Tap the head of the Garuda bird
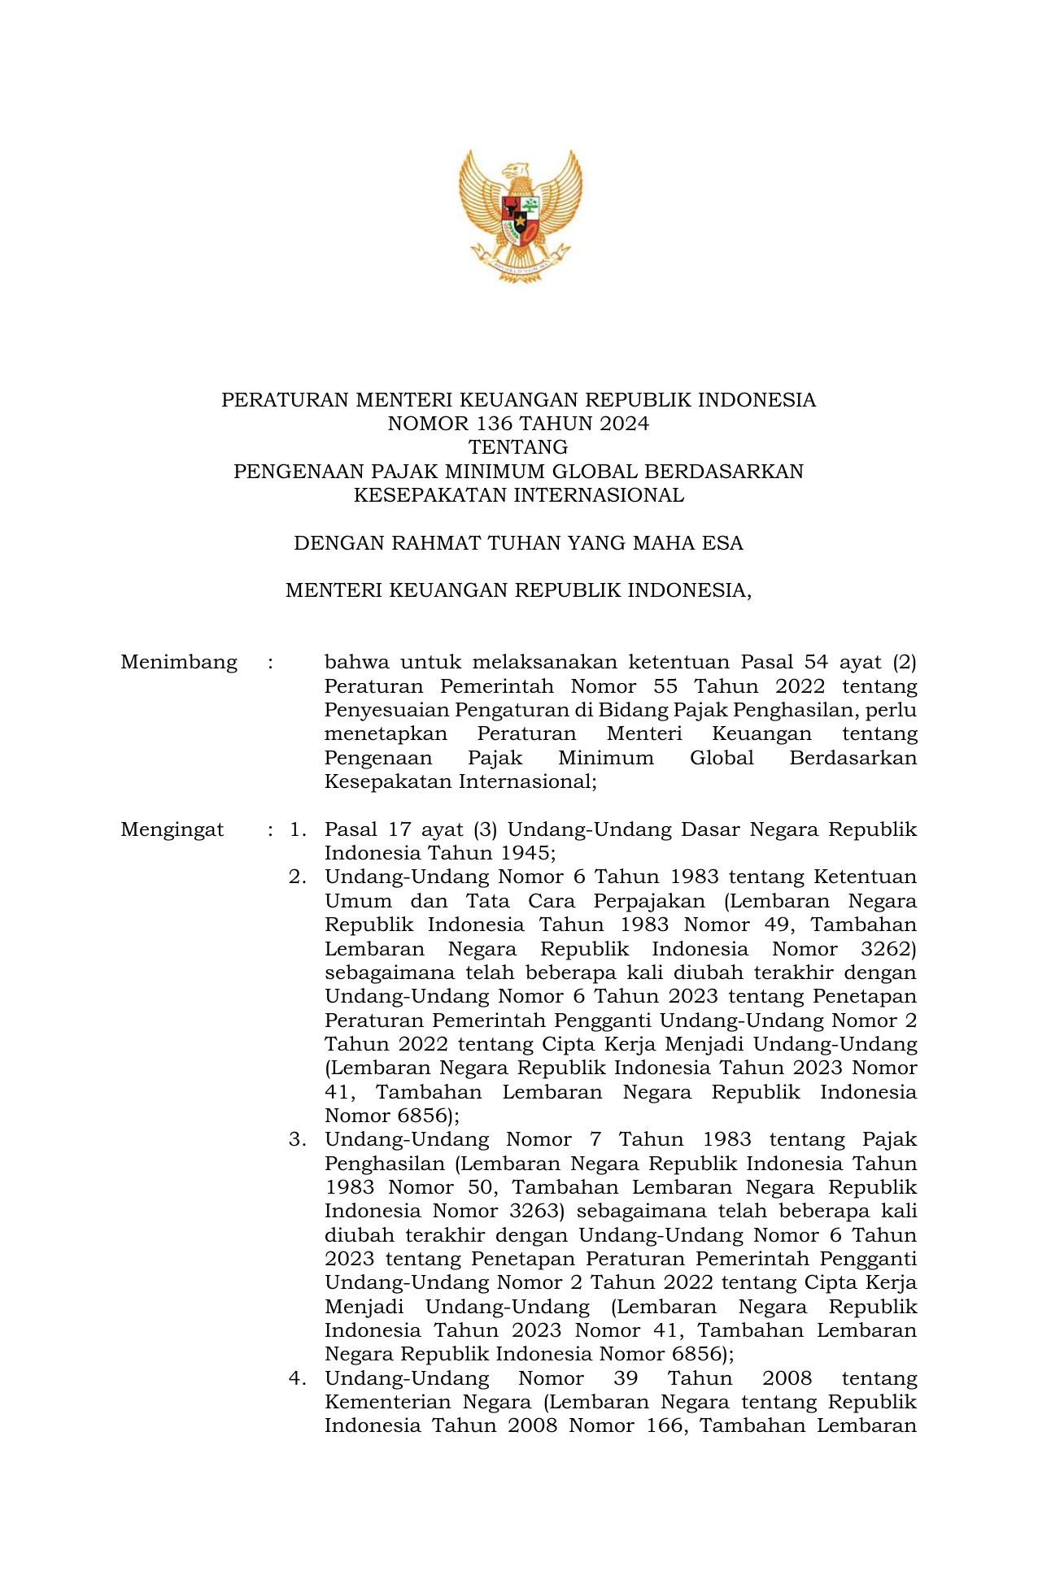tap(516, 172)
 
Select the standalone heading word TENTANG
tap(518, 447)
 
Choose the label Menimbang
tap(179, 663)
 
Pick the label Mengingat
tap(172, 830)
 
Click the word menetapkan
tap(386, 734)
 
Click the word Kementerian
tap(386, 1403)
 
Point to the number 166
tap(659, 1426)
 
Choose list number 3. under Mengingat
tap(298, 1140)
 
